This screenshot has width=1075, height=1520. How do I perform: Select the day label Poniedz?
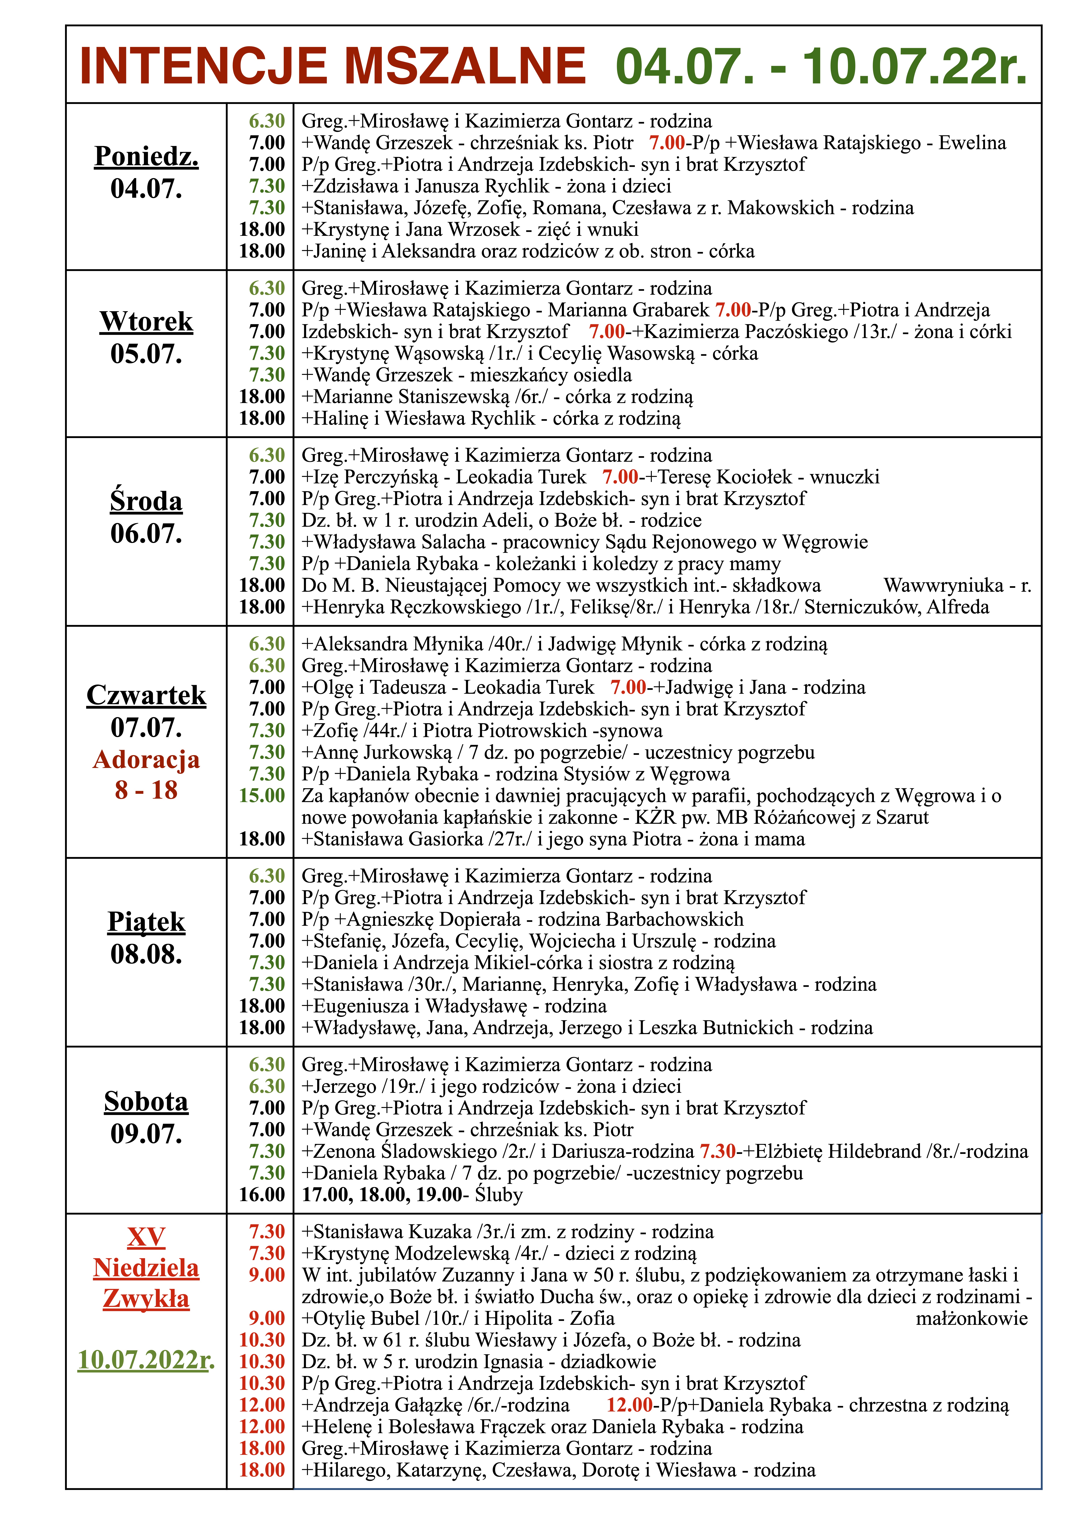[146, 156]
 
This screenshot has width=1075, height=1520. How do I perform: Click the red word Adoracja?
[146, 759]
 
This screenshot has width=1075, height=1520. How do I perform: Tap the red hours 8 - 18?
[146, 790]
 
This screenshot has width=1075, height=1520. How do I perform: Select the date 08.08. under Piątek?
[146, 954]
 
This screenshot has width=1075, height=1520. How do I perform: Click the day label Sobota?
[146, 1102]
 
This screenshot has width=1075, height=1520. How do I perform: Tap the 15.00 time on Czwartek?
[262, 796]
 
